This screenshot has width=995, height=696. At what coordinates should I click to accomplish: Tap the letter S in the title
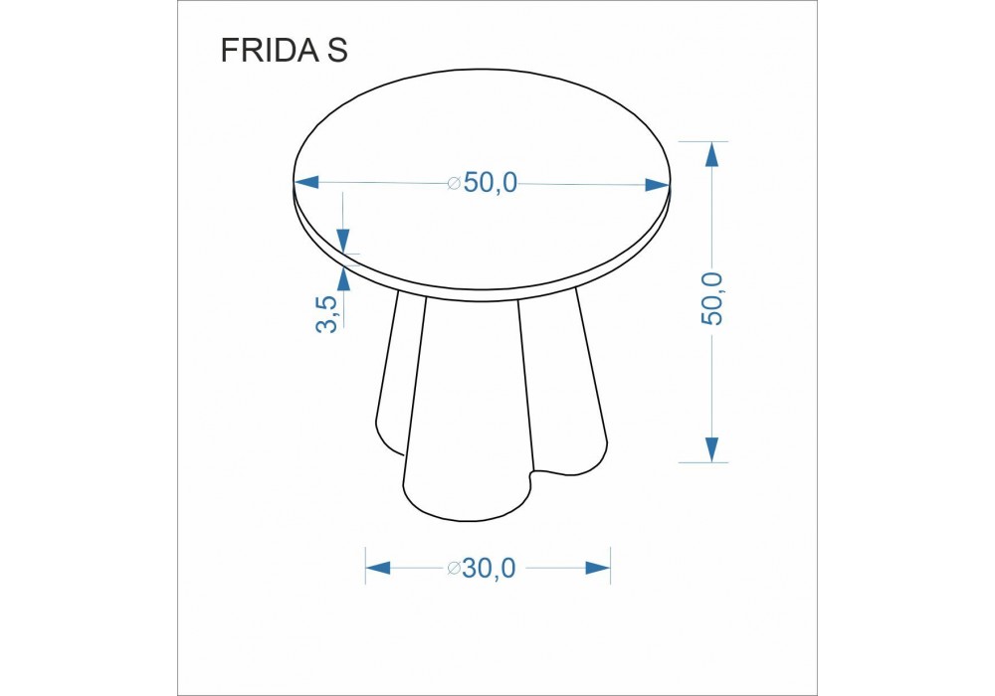pyautogui.click(x=337, y=50)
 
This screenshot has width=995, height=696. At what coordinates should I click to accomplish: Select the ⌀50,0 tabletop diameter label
pyautogui.click(x=483, y=183)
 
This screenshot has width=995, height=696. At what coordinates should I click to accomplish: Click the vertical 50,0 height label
pyautogui.click(x=712, y=298)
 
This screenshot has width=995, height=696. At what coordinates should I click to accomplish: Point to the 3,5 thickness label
pyautogui.click(x=326, y=314)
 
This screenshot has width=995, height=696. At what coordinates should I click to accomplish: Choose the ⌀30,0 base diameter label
pyautogui.click(x=482, y=568)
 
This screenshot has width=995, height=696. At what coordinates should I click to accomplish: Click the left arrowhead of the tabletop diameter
pyautogui.click(x=305, y=183)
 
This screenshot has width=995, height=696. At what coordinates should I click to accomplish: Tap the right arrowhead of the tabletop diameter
pyautogui.click(x=658, y=185)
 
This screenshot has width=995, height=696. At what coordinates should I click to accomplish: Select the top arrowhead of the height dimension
pyautogui.click(x=712, y=154)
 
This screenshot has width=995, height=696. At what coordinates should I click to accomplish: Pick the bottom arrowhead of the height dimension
pyautogui.click(x=712, y=449)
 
